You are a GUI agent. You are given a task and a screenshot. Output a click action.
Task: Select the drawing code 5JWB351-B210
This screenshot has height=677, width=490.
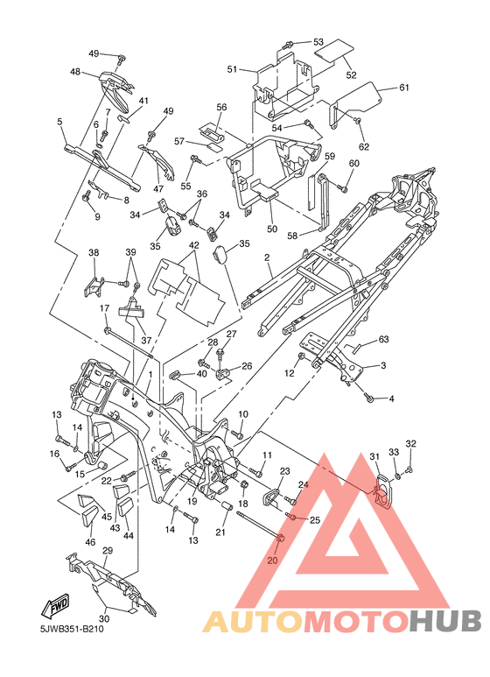(69, 629)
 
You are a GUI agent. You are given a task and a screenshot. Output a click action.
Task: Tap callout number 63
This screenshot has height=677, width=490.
(383, 339)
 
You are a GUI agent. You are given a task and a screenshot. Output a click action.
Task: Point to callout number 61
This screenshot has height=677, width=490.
(403, 88)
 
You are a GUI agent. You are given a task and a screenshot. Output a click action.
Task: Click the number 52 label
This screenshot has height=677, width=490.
(351, 74)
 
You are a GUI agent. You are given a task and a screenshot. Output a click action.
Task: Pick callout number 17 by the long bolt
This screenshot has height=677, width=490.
(105, 308)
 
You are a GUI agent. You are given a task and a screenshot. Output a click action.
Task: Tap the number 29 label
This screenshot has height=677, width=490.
(108, 551)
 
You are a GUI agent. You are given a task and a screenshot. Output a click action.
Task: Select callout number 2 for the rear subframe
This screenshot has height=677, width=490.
(267, 257)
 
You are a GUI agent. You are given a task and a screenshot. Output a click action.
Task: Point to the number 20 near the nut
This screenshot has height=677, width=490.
(273, 560)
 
